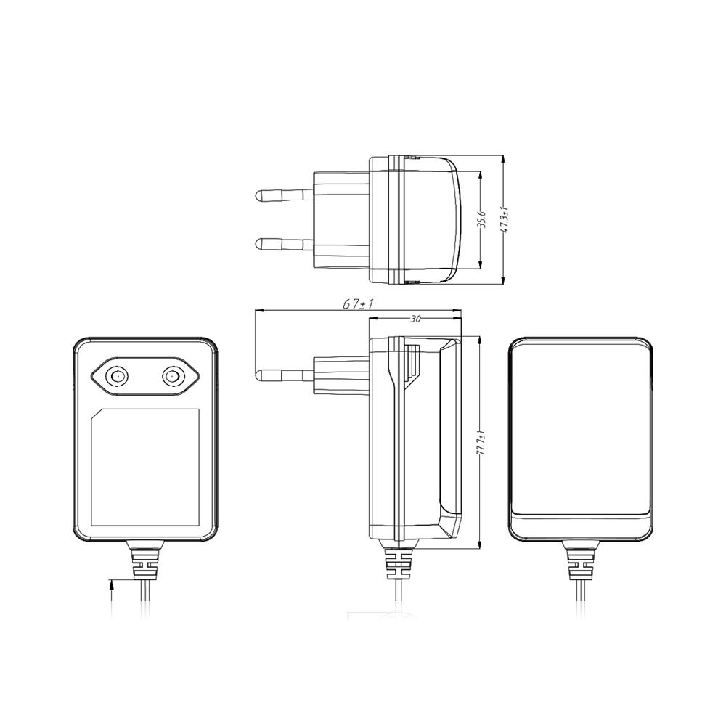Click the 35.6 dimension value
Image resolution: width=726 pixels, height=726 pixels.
click(481, 220)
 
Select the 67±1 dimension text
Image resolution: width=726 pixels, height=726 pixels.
click(358, 305)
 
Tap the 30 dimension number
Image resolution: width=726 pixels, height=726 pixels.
click(415, 318)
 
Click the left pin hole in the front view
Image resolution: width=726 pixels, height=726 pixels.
click(115, 375)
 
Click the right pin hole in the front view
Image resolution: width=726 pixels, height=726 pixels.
click(173, 375)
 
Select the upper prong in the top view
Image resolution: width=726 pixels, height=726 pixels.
click(283, 195)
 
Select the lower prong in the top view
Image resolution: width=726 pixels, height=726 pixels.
click(283, 243)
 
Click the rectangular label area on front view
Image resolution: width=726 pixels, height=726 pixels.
click(144, 468)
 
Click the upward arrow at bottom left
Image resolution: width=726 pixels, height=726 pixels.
click(111, 585)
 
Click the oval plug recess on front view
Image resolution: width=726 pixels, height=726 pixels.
click(144, 375)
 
